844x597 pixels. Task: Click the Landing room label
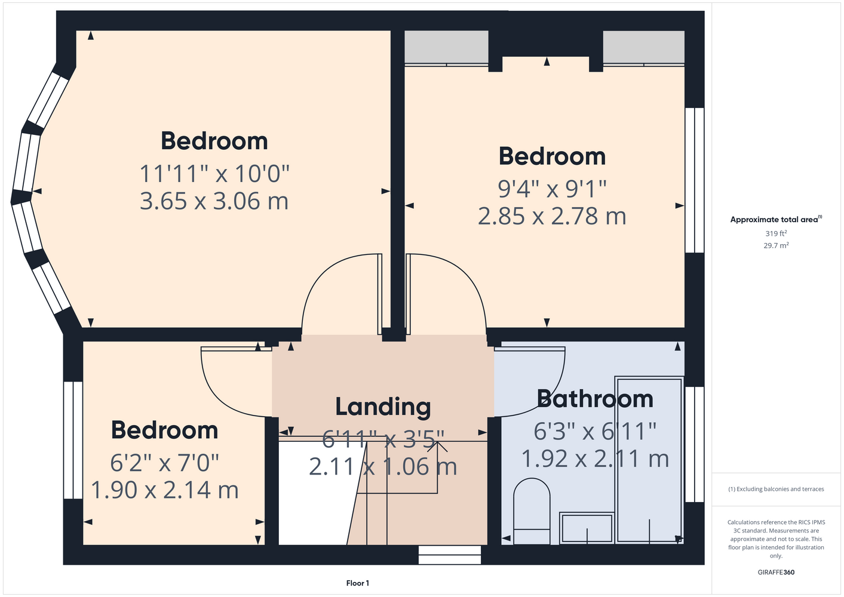[383, 407]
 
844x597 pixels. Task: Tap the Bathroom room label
[595, 399]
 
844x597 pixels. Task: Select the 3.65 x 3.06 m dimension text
[214, 201]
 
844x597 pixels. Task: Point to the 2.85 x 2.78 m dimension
[552, 216]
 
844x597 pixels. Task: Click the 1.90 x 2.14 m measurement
[165, 490]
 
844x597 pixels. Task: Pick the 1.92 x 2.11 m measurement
[595, 458]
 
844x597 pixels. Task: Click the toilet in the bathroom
[532, 511]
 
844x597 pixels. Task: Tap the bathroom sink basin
[587, 528]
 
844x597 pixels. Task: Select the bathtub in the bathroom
[649, 460]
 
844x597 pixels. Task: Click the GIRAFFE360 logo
[776, 572]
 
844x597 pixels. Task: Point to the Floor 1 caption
[358, 583]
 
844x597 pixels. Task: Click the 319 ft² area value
[776, 233]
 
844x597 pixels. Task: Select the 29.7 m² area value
[776, 245]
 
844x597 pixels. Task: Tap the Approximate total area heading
[776, 219]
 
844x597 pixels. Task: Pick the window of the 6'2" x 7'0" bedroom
[73, 440]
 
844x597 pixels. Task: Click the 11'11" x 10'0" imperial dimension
[214, 174]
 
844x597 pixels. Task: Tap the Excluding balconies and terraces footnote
[776, 489]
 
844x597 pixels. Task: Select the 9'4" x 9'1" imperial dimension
[552, 189]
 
